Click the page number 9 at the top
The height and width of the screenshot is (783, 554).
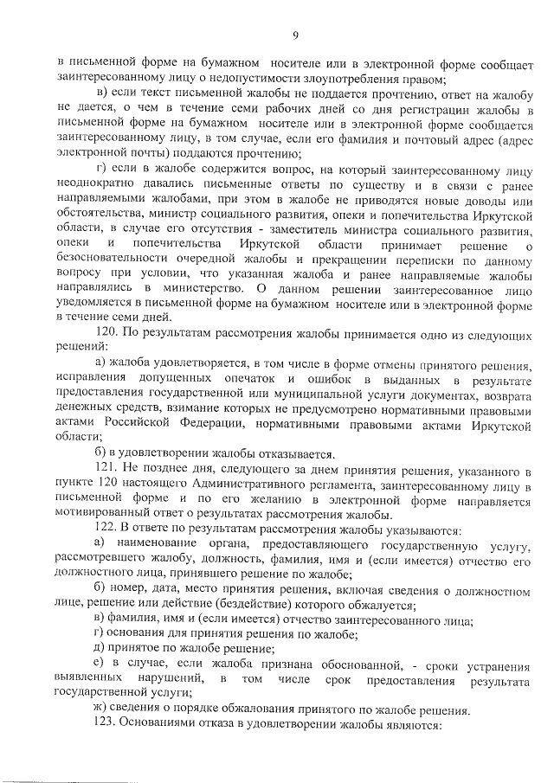click(294, 35)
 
